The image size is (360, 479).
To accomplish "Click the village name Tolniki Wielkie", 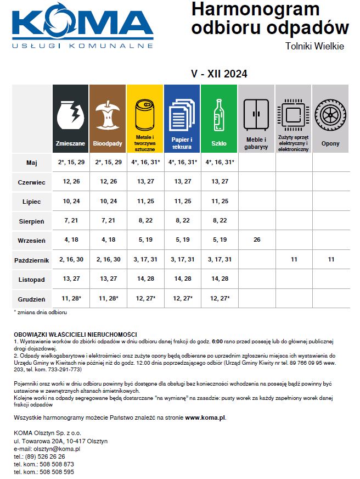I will [x=314, y=46].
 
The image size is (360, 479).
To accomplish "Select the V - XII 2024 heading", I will [x=218, y=74].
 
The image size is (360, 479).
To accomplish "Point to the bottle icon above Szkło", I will [x=219, y=115].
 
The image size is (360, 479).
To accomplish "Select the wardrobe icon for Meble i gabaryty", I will [x=256, y=115].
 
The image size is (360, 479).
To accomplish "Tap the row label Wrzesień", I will [x=31, y=240].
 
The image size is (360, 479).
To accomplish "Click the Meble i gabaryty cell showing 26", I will [x=256, y=240].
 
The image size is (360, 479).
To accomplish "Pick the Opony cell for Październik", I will [x=330, y=259].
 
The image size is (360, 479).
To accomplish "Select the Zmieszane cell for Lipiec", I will [x=70, y=201].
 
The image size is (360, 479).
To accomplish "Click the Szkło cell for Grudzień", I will [x=219, y=298].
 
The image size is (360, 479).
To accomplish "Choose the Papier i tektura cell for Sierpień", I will [x=182, y=221].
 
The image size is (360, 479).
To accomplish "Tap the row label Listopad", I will [x=31, y=279].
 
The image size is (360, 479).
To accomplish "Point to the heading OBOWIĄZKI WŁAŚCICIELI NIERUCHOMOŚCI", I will [x=75, y=335].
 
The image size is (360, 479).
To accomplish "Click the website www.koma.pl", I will [x=205, y=417].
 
